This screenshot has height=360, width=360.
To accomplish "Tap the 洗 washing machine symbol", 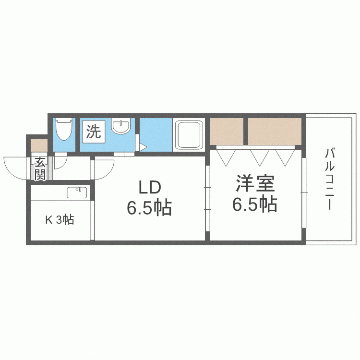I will click(x=94, y=131).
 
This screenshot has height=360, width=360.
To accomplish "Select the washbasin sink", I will click(x=120, y=127).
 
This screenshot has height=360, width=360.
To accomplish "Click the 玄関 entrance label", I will click(x=39, y=168).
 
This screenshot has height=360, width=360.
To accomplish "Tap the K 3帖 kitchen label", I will click(x=60, y=220).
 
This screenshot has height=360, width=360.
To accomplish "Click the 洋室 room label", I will click(x=254, y=184).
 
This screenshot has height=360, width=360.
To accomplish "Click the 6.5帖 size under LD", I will click(x=149, y=208).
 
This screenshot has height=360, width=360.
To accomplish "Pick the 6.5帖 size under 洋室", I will click(x=254, y=204).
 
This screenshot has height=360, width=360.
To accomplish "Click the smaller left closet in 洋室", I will click(x=227, y=131).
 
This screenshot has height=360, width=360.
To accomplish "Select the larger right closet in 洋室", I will click(x=274, y=131).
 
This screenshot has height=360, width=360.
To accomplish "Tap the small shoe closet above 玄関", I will click(x=38, y=144).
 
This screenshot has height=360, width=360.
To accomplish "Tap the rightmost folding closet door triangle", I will click(x=285, y=156).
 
